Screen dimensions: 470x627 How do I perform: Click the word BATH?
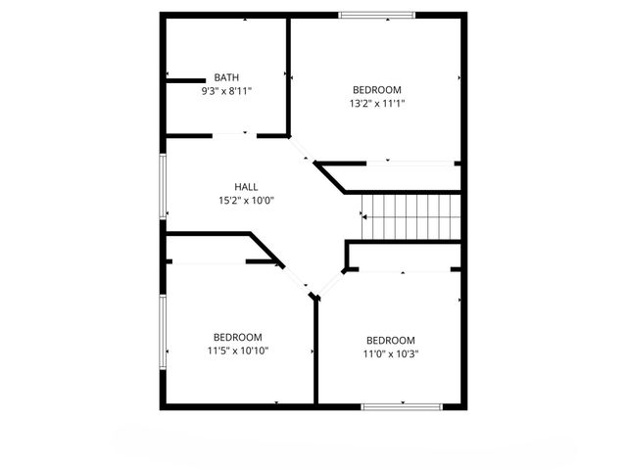click(226, 77)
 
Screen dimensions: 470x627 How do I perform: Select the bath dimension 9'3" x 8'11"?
click(226, 90)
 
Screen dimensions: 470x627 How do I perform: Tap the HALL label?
click(246, 187)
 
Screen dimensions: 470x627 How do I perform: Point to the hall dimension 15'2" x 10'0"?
click(246, 200)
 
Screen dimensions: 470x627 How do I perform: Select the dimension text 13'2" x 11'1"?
click(377, 102)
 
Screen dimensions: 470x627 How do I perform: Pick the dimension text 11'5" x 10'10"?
click(238, 350)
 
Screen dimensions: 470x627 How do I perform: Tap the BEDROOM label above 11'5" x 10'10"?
click(238, 337)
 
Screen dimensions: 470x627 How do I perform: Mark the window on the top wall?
click(377, 15)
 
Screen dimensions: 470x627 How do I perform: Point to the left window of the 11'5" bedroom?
click(164, 333)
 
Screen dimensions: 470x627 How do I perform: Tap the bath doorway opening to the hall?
click(236, 134)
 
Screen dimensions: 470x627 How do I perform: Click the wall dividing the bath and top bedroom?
click(289, 74)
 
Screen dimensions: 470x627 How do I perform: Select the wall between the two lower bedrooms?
click(314, 352)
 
